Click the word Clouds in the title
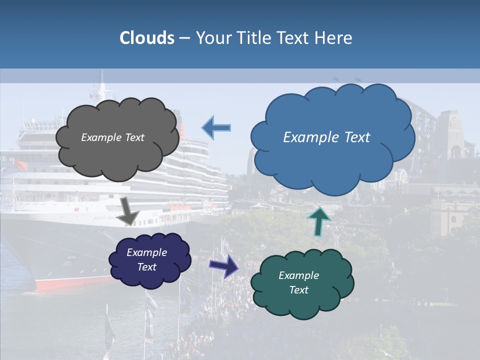147,38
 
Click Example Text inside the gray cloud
112,137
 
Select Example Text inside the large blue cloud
326,137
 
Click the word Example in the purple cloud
146,252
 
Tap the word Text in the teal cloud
298,290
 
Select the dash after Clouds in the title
184,38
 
